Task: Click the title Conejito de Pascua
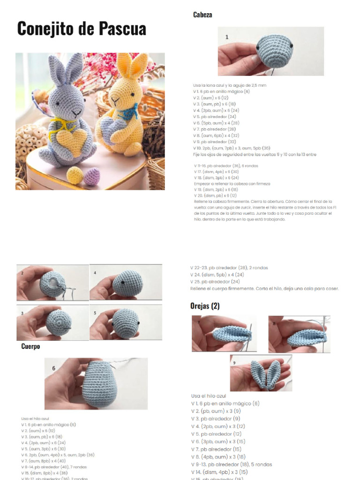click(x=82, y=29)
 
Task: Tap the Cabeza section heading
click(x=202, y=15)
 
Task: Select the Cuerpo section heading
click(x=30, y=346)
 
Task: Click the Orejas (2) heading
click(x=205, y=306)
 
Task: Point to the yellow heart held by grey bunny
click(x=72, y=141)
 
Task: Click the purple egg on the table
click(x=91, y=176)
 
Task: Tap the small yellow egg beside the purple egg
click(x=75, y=175)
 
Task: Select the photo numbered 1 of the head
click(x=270, y=51)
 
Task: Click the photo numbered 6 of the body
click(x=96, y=383)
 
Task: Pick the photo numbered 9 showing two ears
click(x=261, y=373)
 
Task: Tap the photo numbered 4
click(x=126, y=283)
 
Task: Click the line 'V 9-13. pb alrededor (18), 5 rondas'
click(x=231, y=465)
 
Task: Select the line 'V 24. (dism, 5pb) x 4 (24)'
click(x=217, y=275)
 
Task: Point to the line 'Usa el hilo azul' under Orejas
click(x=208, y=396)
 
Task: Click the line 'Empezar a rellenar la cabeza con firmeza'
click(x=232, y=184)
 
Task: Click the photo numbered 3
click(x=52, y=322)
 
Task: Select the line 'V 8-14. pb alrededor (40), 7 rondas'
click(x=54, y=467)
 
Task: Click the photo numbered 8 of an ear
click(x=299, y=334)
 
